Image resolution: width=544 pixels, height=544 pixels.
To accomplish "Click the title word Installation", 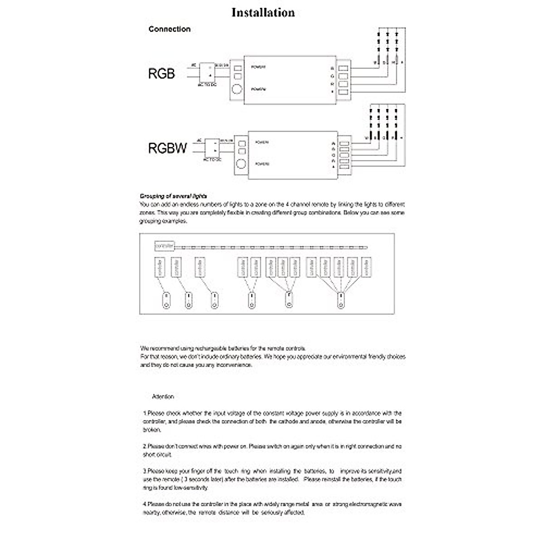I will pyautogui.click(x=263, y=12).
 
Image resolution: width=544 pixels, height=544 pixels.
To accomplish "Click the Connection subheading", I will pyautogui.click(x=169, y=29).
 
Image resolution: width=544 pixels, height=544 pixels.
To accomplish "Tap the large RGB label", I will pyautogui.click(x=161, y=73).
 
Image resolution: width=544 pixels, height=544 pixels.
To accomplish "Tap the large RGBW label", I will pyautogui.click(x=167, y=148).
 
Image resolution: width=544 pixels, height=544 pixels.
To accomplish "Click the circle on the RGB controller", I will pyautogui.click(x=237, y=89).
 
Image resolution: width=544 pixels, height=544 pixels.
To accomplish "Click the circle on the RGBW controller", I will pyautogui.click(x=242, y=164).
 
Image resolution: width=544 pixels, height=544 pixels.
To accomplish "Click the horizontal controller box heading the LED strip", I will pyautogui.click(x=164, y=246).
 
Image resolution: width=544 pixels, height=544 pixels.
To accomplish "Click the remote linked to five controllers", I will pyautogui.click(x=341, y=301).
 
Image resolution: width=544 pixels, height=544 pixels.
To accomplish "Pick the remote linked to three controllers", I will pyautogui.click(x=288, y=301).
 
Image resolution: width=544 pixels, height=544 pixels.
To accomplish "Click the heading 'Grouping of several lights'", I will pyautogui.click(x=173, y=196).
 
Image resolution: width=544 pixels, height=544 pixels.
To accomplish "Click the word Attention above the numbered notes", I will pyautogui.click(x=163, y=397).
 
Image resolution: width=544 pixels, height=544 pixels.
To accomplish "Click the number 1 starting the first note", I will pyautogui.click(x=144, y=413).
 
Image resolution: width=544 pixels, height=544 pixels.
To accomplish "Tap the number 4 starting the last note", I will pyautogui.click(x=144, y=504).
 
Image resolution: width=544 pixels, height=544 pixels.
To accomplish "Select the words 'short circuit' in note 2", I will pyautogui.click(x=157, y=455).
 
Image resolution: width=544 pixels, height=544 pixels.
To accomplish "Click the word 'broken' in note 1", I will pyautogui.click(x=151, y=430).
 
